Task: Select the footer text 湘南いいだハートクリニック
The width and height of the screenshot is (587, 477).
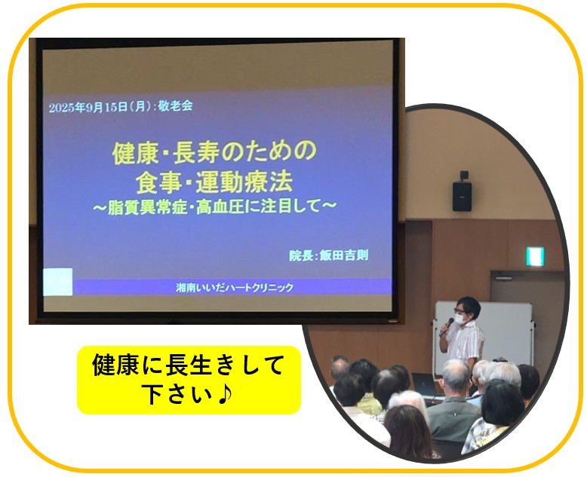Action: point(235,287)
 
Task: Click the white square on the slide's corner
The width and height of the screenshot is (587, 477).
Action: point(57,282)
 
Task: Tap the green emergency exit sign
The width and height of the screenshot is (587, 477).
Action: point(535,256)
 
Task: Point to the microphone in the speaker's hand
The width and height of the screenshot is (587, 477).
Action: point(446,327)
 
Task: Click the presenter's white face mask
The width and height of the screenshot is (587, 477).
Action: point(460,319)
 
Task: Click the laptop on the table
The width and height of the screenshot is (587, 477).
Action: point(425,384)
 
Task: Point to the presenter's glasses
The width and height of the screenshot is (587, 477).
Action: point(459,310)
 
